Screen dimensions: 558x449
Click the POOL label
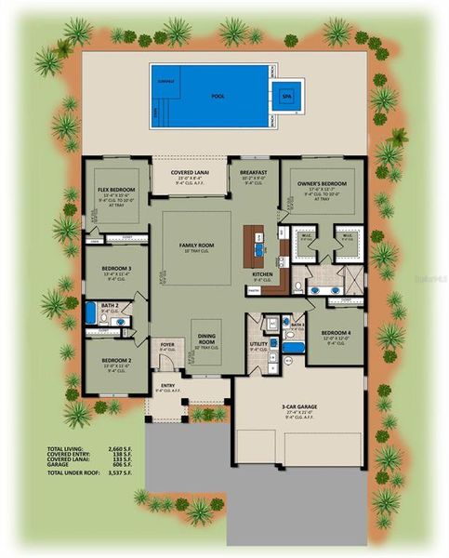pyautogui.click(x=218, y=95)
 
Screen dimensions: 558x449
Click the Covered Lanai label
pyautogui.click(x=193, y=173)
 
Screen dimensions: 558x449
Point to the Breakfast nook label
pyautogui.click(x=253, y=172)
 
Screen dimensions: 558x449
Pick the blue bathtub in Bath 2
pyautogui.click(x=90, y=312)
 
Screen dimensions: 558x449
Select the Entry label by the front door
pyautogui.click(x=167, y=385)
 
